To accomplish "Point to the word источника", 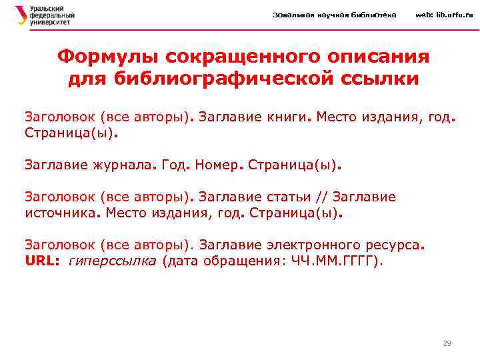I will click(61, 215).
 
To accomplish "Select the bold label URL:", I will click(43, 261).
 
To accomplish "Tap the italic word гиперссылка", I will click(113, 261).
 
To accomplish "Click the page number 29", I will click(447, 343).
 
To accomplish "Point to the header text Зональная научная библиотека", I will click(335, 15).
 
